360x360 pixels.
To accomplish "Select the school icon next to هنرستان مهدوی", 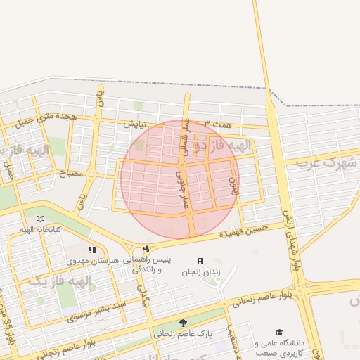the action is click(x=92, y=250).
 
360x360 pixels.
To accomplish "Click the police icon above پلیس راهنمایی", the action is click(x=146, y=248).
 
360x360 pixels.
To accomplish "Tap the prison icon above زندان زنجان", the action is click(x=200, y=261).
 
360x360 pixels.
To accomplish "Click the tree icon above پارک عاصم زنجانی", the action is click(x=183, y=323).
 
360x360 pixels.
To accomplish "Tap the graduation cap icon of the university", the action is click(x=279, y=332).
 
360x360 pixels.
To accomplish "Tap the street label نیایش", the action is click(x=136, y=124).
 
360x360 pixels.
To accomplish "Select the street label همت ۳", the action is click(x=217, y=124).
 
